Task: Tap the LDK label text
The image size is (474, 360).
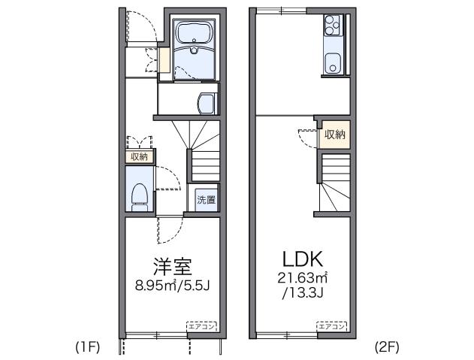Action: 303,259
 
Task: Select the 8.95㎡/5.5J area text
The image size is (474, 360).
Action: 171,284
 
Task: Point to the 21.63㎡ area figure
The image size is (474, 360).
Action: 303,278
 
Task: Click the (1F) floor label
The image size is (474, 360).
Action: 87,346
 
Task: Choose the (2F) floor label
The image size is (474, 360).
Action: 386,346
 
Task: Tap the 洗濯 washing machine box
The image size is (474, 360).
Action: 207,200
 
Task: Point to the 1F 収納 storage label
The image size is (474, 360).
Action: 140,156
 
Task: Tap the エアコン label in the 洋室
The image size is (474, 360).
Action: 202,326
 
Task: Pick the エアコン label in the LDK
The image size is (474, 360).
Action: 332,326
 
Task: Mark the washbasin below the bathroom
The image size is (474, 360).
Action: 204,101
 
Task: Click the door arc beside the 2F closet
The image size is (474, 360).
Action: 308,138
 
